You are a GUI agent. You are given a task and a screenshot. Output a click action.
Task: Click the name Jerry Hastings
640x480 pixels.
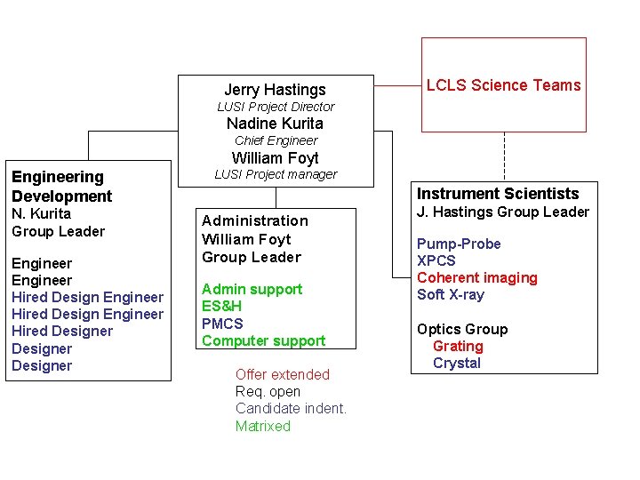tap(275, 90)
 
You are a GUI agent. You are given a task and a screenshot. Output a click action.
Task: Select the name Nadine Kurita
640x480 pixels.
tap(275, 124)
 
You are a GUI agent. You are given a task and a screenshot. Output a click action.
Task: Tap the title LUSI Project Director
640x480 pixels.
tap(276, 107)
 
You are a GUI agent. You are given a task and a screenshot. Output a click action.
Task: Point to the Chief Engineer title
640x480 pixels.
tap(276, 140)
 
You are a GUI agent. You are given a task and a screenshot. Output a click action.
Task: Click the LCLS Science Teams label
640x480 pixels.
tap(503, 85)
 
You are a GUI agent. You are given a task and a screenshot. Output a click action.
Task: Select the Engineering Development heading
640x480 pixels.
tap(61, 187)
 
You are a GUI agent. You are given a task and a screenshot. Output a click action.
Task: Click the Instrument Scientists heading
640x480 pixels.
tap(498, 194)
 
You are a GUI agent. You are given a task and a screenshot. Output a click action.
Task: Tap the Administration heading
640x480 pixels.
tap(255, 220)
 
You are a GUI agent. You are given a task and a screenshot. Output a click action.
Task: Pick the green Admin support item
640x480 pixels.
tap(252, 289)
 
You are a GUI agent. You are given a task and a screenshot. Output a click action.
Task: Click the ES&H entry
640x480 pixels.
tap(221, 307)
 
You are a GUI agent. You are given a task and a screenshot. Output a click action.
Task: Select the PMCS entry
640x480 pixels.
tap(222, 324)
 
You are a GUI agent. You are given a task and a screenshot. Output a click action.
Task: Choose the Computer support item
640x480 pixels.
tap(263, 340)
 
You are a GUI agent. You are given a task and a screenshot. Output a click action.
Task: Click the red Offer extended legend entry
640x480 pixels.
tap(282, 375)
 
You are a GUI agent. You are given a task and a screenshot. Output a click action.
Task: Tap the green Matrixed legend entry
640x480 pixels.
tap(262, 427)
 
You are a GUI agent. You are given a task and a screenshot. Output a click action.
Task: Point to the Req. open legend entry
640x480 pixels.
tap(268, 392)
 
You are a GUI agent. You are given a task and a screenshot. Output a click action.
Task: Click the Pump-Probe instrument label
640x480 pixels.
tap(459, 244)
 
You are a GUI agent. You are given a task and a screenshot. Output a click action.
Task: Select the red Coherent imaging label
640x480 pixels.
tap(477, 278)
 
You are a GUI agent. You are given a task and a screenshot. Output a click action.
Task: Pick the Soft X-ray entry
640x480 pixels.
tap(451, 295)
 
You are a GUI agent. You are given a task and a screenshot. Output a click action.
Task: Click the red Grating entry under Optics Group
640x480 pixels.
tap(458, 347)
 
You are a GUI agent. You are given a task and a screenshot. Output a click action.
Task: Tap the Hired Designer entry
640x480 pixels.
tap(62, 332)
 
